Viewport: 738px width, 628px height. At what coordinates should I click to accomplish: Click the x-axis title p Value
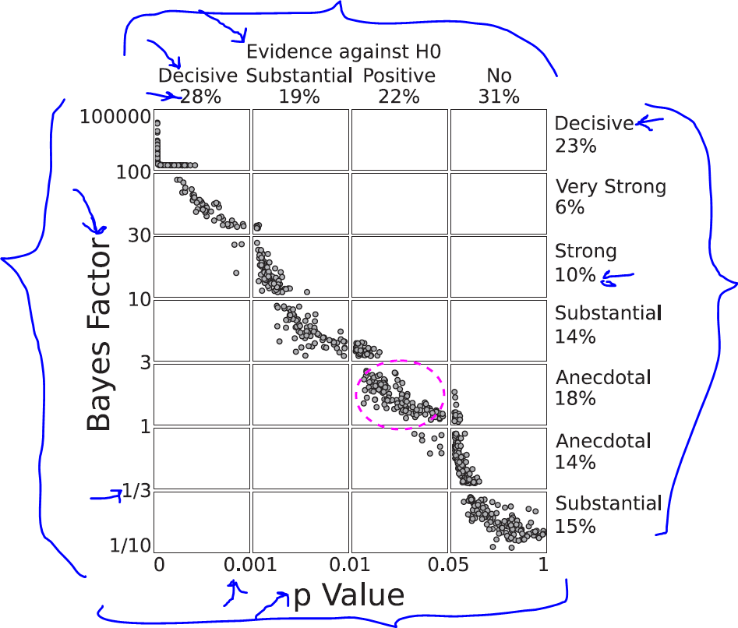(348, 596)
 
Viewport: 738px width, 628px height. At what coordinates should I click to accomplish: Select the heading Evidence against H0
(344, 52)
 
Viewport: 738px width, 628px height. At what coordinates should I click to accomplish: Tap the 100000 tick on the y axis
(114, 118)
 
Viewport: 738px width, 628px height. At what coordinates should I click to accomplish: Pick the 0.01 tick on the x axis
(351, 563)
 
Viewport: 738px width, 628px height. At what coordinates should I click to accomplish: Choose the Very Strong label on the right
(610, 187)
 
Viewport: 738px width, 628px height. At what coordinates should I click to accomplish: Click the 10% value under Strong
(575, 274)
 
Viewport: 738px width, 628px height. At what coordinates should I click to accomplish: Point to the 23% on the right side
(575, 146)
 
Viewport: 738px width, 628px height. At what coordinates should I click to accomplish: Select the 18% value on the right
(575, 398)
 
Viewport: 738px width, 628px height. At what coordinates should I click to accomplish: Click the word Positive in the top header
(399, 76)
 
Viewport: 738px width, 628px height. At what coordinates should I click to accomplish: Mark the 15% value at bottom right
(575, 526)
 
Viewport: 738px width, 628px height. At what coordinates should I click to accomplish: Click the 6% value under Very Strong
(570, 207)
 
